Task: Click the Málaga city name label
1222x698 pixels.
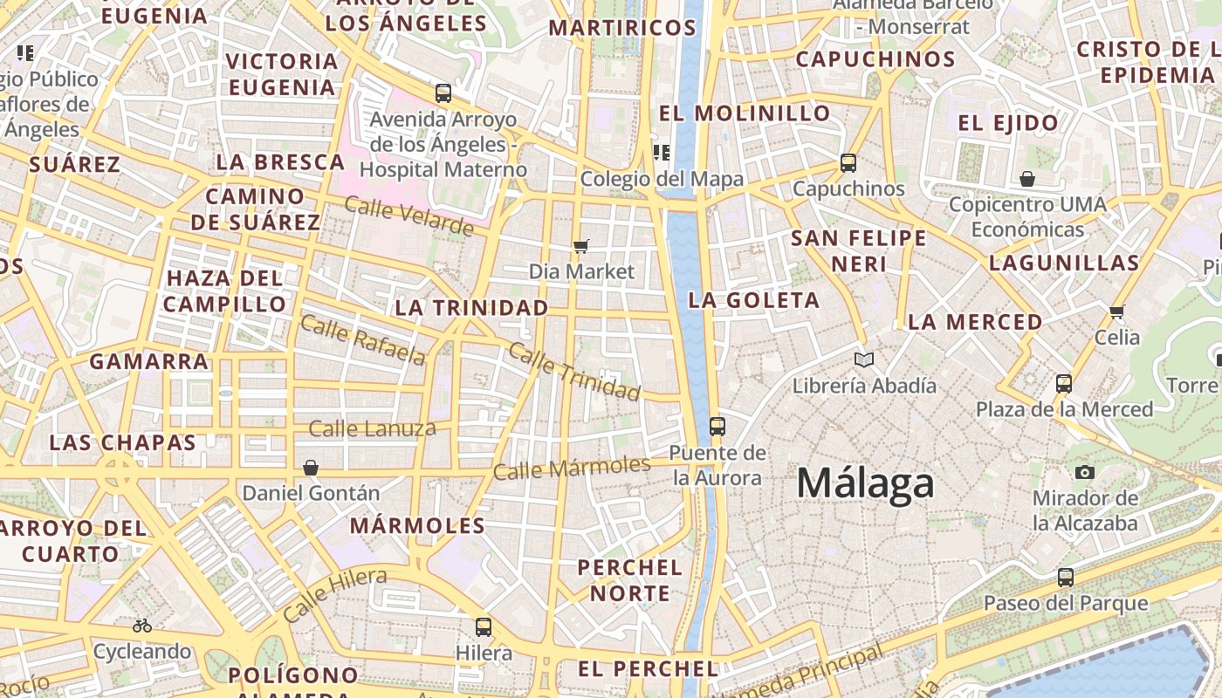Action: pyautogui.click(x=865, y=483)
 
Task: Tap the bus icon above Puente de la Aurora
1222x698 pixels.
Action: pyautogui.click(x=717, y=427)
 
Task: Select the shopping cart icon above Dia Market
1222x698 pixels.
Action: pyautogui.click(x=581, y=247)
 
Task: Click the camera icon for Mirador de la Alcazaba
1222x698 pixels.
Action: pyautogui.click(x=1085, y=472)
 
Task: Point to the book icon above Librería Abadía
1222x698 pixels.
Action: pyautogui.click(x=864, y=359)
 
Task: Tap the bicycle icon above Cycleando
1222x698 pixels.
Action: pyautogui.click(x=142, y=626)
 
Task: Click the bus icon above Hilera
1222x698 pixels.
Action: pyautogui.click(x=484, y=626)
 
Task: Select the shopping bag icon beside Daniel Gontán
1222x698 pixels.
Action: pyautogui.click(x=311, y=468)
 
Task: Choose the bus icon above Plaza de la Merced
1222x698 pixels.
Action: pyautogui.click(x=1064, y=383)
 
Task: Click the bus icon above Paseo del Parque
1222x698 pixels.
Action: pyautogui.click(x=1066, y=577)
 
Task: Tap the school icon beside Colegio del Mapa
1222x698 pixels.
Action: pyautogui.click(x=662, y=153)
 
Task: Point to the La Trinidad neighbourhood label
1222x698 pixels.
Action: pyautogui.click(x=471, y=308)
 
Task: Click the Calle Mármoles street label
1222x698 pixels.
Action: pyautogui.click(x=572, y=468)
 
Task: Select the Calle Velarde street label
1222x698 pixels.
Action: pyautogui.click(x=408, y=216)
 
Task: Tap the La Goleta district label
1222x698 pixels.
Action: pyautogui.click(x=754, y=301)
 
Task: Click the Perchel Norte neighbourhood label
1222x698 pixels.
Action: pyautogui.click(x=630, y=580)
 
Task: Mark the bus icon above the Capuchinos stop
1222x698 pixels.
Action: pyautogui.click(x=848, y=162)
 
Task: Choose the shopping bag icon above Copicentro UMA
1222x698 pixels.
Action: pyautogui.click(x=1027, y=179)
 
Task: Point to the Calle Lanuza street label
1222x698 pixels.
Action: pyautogui.click(x=373, y=428)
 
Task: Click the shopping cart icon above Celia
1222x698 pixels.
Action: pyautogui.click(x=1116, y=311)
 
